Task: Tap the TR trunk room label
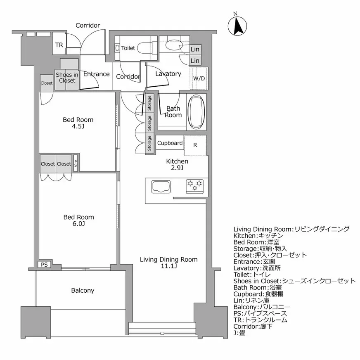pyautogui.click(x=59, y=45)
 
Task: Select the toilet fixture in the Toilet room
pyautogui.click(x=145, y=48)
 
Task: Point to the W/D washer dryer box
pyautogui.click(x=199, y=78)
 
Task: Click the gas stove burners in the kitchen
pyautogui.click(x=195, y=186)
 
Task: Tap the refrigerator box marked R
pyautogui.click(x=195, y=145)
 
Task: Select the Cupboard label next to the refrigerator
pyautogui.click(x=170, y=143)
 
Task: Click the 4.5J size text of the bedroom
pyautogui.click(x=78, y=126)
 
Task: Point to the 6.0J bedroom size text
pyautogui.click(x=78, y=224)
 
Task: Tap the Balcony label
pyautogui.click(x=83, y=290)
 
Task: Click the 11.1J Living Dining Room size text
pyautogui.click(x=168, y=266)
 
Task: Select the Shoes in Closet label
pyautogui.click(x=67, y=78)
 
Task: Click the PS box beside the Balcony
pyautogui.click(x=44, y=265)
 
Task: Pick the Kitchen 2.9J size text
pyautogui.click(x=177, y=168)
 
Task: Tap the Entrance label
pyautogui.click(x=96, y=74)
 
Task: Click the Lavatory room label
pyautogui.click(x=168, y=74)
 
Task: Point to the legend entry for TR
pyautogui.click(x=260, y=320)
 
